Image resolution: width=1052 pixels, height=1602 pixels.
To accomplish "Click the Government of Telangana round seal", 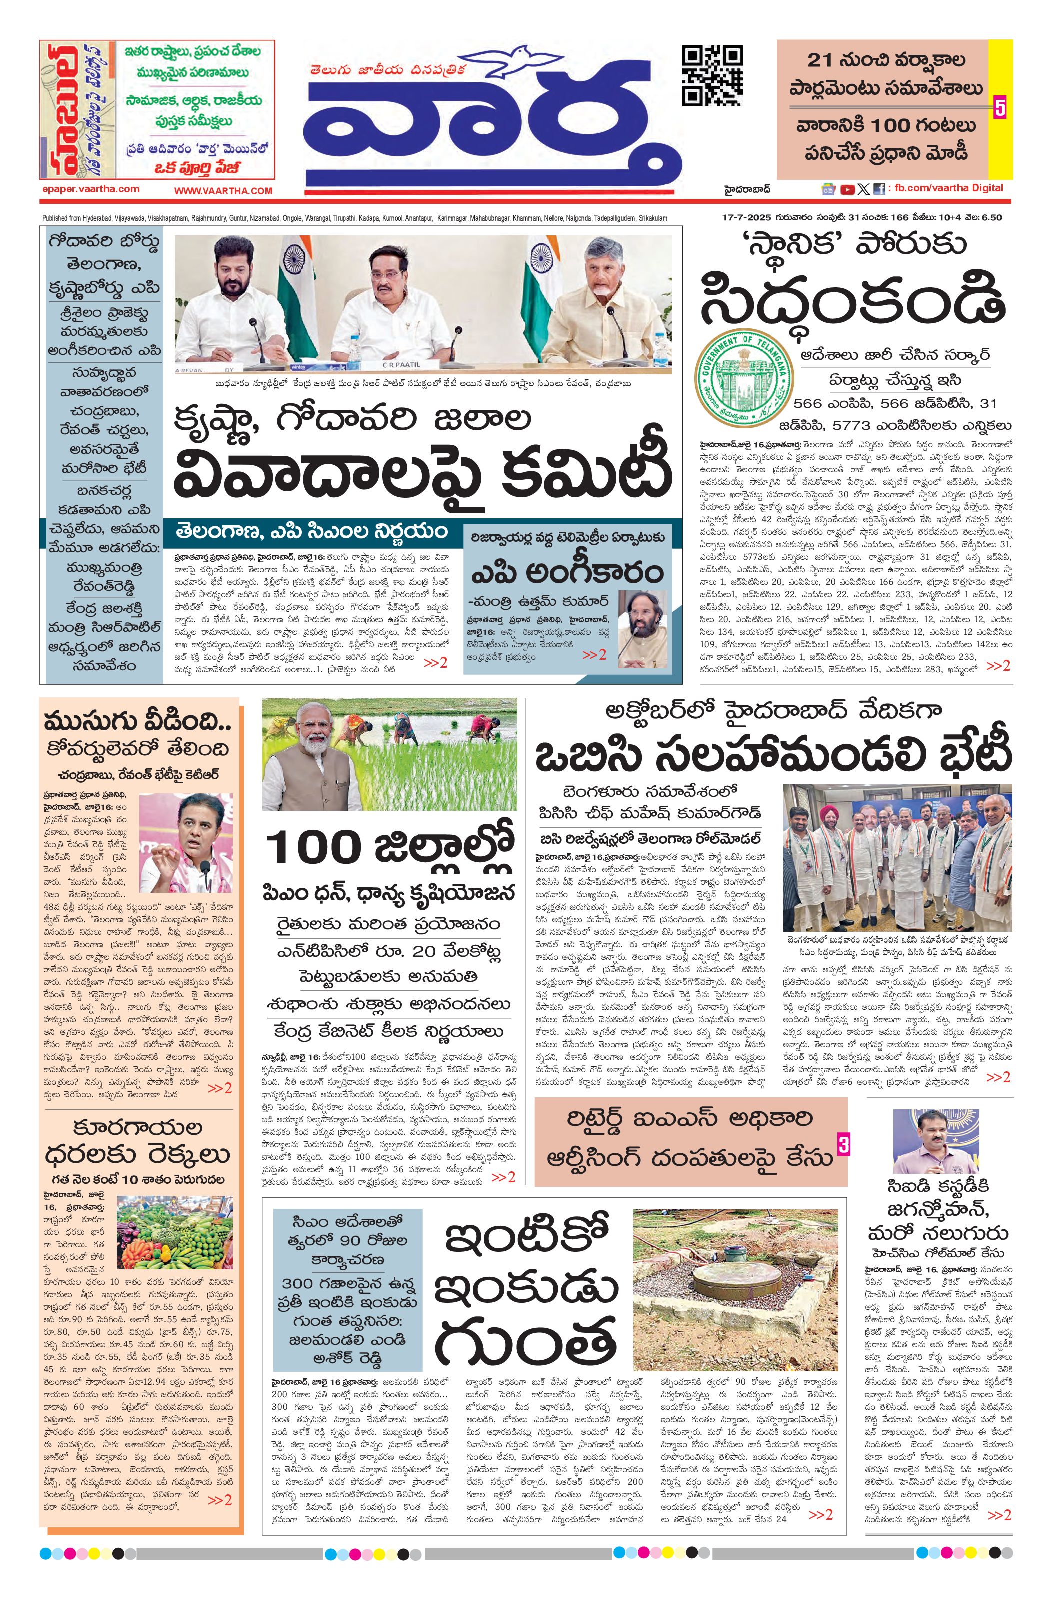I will coord(743,376).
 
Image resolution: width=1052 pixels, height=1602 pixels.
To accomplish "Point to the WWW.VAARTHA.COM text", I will coord(223,191).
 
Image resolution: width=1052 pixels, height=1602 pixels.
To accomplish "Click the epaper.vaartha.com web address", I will coord(90,189).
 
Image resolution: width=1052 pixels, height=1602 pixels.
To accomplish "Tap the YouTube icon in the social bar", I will coord(848,189).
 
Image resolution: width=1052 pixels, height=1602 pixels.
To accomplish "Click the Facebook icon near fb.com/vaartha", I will coord(879,189).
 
